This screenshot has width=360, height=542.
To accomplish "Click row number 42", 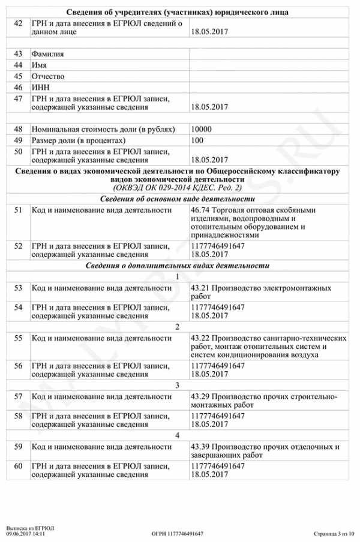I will pyautogui.click(x=18, y=23).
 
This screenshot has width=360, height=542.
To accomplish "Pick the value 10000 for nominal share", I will pyautogui.click(x=200, y=130).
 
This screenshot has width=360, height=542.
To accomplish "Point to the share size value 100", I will pyautogui.click(x=197, y=140).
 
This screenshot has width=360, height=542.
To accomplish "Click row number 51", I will pyautogui.click(x=18, y=210).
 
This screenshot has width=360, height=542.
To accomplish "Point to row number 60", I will pyautogui.click(x=18, y=466).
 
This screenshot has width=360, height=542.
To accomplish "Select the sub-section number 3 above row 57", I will pyautogui.click(x=178, y=385).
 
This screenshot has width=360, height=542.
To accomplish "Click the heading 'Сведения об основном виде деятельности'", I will pyautogui.click(x=178, y=198).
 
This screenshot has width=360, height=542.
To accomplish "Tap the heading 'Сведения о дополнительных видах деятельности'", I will pyautogui.click(x=178, y=266).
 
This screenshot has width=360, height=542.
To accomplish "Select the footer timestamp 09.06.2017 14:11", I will pyautogui.click(x=26, y=533).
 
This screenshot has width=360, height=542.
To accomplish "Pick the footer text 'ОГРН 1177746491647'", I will pyautogui.click(x=178, y=533).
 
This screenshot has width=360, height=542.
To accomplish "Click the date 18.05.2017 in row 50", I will pyautogui.click(x=209, y=160).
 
